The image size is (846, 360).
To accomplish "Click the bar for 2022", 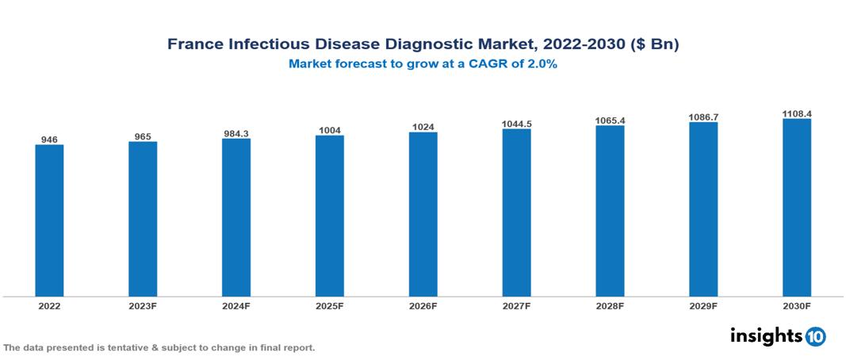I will click(49, 220).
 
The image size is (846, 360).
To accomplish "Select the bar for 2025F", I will click(330, 216).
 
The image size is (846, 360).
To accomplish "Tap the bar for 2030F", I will click(797, 208).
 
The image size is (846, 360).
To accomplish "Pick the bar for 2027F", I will click(516, 213).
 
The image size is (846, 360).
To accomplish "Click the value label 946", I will click(49, 140).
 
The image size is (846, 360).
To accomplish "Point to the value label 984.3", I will click(236, 133).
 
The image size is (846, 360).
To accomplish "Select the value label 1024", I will click(423, 127).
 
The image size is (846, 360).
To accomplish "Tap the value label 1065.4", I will click(611, 121).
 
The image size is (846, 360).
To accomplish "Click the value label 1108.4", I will click(797, 113).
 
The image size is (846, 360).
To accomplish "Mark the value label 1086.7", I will click(703, 117).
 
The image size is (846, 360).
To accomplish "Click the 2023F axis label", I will click(143, 305).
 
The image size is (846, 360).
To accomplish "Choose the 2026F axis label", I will click(423, 305).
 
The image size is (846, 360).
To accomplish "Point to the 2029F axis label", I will click(703, 305).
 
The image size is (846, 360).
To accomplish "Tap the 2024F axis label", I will click(236, 305).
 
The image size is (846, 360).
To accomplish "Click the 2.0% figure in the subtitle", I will click(541, 65).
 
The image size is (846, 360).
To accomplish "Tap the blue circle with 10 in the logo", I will click(815, 336).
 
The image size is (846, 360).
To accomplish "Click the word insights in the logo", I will click(765, 335).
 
